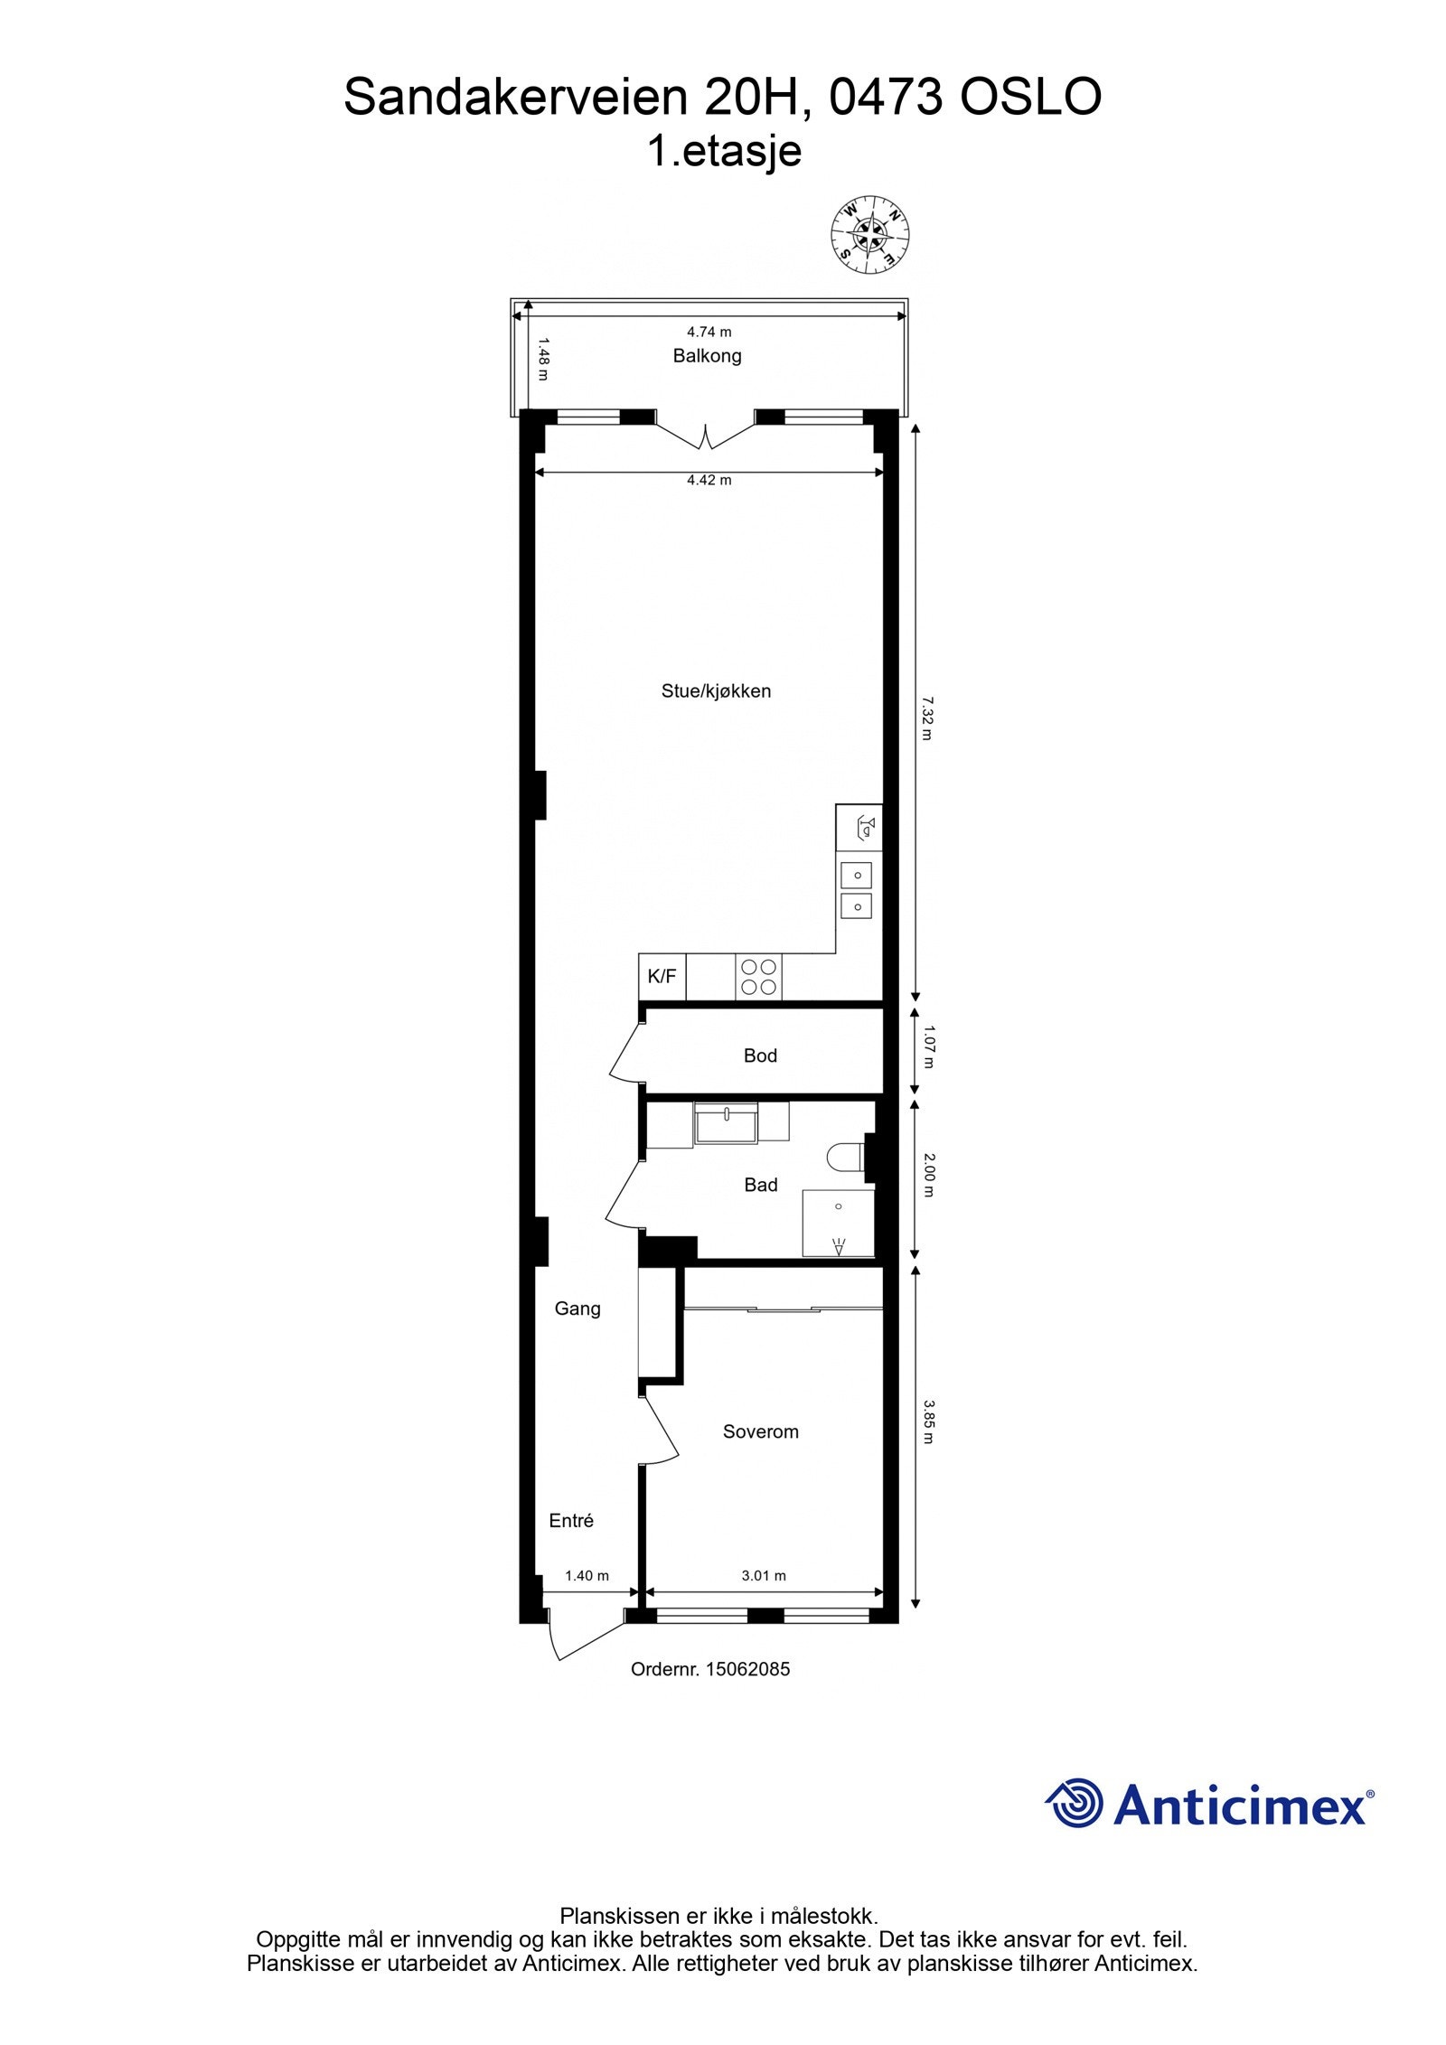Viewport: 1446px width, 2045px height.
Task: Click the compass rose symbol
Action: point(869,235)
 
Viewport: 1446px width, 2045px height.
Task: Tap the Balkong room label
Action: point(707,356)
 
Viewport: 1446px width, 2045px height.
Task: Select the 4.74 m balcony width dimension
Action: point(709,333)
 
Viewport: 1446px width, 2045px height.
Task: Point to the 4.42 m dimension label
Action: point(709,481)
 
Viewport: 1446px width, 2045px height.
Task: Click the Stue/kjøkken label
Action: point(716,691)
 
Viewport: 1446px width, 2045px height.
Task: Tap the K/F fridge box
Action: point(662,977)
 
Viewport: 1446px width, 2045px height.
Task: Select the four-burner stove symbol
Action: point(758,977)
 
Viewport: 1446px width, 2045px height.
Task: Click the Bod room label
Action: point(760,1055)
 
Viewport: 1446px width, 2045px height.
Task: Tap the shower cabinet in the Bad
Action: point(838,1224)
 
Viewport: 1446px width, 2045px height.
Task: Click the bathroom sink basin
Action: point(726,1123)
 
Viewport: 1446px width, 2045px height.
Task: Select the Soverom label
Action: point(760,1431)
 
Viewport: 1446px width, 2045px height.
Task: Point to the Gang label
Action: point(577,1309)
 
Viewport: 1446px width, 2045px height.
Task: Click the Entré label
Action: point(571,1521)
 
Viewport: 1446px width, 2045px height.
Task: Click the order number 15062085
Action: point(710,1670)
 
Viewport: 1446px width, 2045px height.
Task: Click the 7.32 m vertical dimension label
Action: point(925,718)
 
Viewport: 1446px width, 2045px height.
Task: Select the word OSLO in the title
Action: point(1030,98)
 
